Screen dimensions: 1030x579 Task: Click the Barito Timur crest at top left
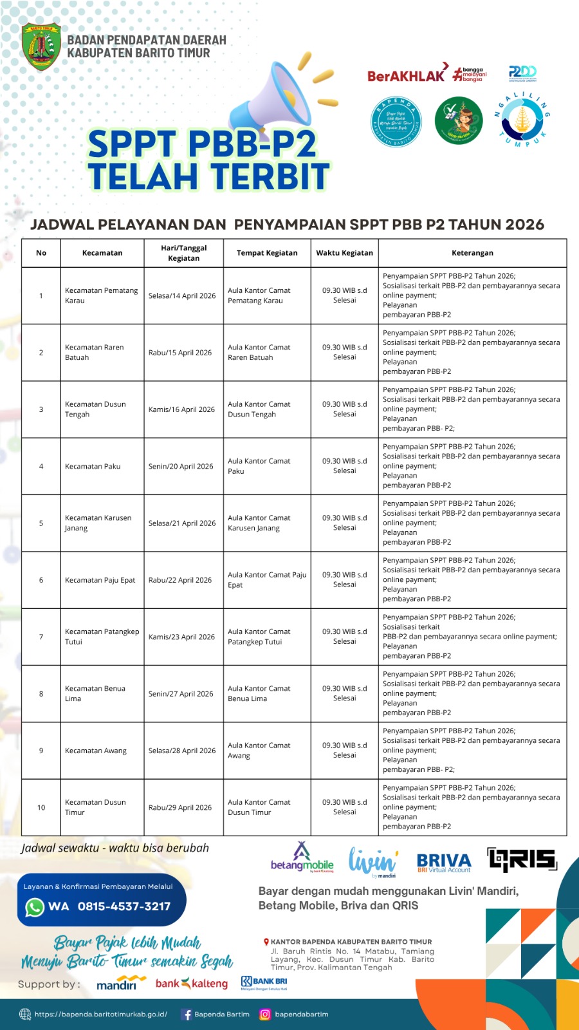click(x=41, y=46)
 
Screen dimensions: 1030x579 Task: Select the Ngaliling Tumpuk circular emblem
click(x=522, y=120)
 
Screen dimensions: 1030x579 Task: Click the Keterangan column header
click(x=472, y=253)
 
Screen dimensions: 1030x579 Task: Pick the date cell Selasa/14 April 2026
click(x=182, y=295)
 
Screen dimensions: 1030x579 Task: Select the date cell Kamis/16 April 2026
click(x=181, y=409)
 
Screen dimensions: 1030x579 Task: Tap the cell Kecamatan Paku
click(x=93, y=466)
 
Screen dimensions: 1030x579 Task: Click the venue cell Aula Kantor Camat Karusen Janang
click(x=259, y=523)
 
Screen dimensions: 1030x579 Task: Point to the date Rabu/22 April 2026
click(x=180, y=580)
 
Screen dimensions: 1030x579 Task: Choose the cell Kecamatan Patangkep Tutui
click(x=102, y=637)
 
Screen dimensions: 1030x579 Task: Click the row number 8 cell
click(x=41, y=694)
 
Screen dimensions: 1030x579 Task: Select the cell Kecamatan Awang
click(x=96, y=751)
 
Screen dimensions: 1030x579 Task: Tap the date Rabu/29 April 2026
click(x=180, y=807)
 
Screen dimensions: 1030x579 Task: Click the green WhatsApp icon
click(x=35, y=906)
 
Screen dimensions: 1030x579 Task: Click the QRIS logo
click(x=522, y=859)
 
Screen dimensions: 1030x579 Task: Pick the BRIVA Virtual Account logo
click(x=444, y=862)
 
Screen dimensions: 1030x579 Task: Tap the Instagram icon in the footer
click(x=264, y=1015)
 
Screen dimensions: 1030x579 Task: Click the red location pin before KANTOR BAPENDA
click(x=266, y=942)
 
